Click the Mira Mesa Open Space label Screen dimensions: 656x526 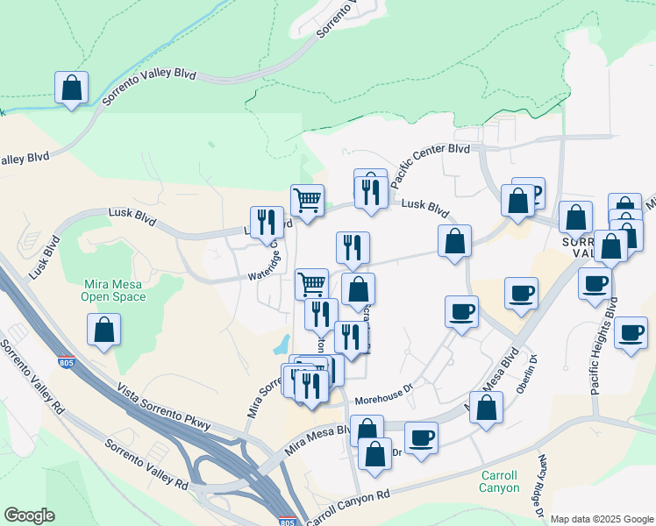click(113, 290)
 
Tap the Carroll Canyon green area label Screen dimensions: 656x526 click(502, 482)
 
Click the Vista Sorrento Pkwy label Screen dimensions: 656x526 click(165, 409)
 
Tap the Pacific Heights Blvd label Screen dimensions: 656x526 click(603, 345)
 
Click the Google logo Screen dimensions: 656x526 click(29, 515)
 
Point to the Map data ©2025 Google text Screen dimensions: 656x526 click(601, 519)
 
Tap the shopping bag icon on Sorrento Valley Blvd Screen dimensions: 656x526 click(72, 88)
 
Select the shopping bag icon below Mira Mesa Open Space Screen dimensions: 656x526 click(104, 330)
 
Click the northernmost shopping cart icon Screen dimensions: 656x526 click(308, 200)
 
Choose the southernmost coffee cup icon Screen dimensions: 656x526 click(421, 437)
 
